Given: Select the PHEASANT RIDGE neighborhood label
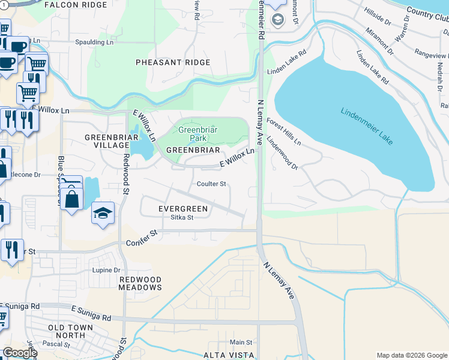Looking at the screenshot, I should (x=173, y=62).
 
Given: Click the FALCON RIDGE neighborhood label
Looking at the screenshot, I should (x=75, y=4).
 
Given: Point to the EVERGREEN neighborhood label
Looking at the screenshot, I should (x=182, y=208).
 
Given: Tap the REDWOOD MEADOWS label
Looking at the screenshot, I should (x=140, y=284).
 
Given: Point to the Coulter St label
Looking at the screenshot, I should (x=211, y=184).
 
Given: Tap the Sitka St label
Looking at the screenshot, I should (x=182, y=217).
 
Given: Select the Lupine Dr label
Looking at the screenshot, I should (x=106, y=271).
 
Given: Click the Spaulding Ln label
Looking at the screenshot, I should (x=94, y=42).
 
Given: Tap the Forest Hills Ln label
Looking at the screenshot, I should (x=285, y=133).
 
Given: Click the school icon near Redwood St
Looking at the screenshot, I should (x=103, y=213).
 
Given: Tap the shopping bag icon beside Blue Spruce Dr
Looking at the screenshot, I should (x=71, y=199).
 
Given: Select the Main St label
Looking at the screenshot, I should (x=241, y=342).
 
